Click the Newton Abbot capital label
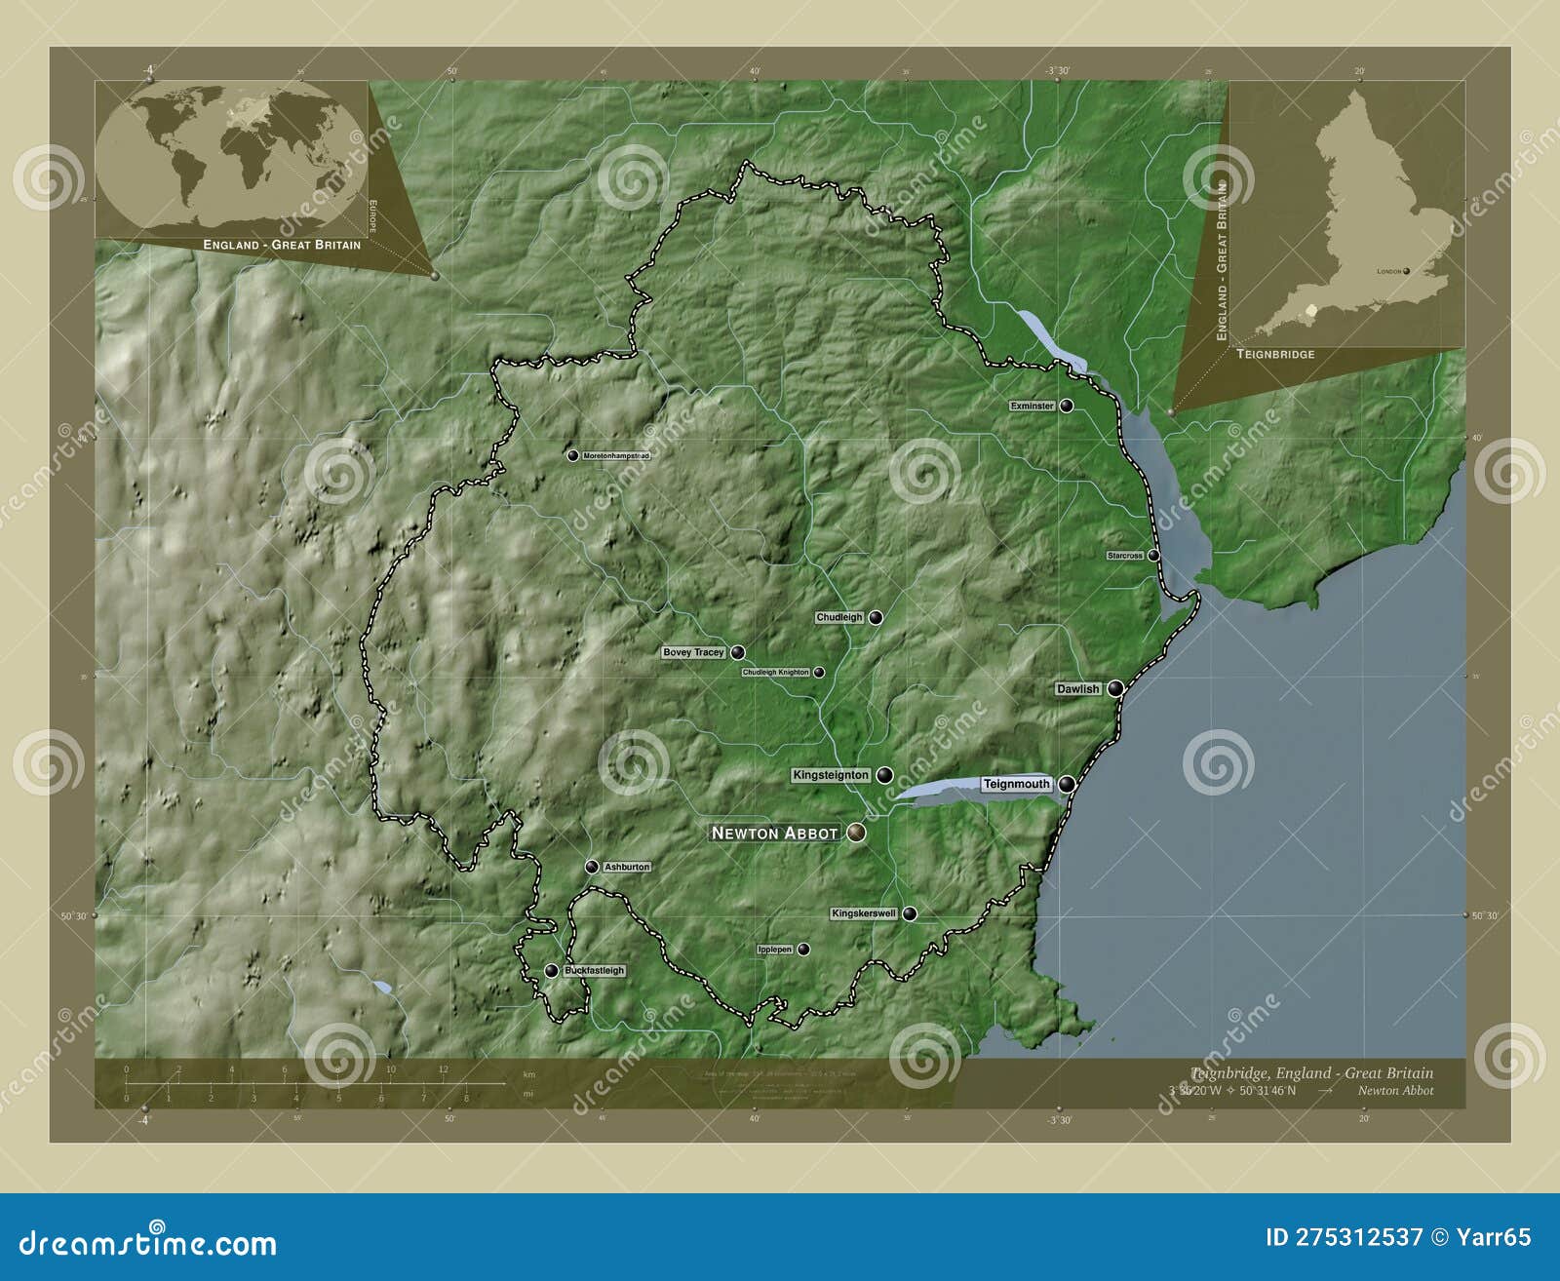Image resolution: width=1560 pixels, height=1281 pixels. tap(774, 833)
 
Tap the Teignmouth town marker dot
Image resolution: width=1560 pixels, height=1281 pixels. tap(1068, 784)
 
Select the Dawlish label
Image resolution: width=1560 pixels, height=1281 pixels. tap(1077, 688)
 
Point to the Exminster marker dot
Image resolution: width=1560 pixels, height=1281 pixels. tap(1067, 406)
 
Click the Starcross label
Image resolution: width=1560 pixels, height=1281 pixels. tap(1125, 556)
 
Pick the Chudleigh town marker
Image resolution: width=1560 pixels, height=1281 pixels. tap(876, 617)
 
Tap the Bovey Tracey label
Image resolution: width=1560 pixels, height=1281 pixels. tap(693, 652)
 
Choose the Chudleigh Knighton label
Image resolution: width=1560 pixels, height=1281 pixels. tap(775, 672)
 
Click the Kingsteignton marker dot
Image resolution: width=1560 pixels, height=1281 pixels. tap(884, 775)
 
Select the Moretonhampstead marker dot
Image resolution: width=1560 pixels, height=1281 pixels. tap(573, 455)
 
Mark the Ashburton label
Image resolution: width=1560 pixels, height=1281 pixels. tap(627, 867)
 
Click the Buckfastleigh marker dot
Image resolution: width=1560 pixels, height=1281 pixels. tap(551, 971)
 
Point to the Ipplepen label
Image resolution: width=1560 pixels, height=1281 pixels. tap(775, 949)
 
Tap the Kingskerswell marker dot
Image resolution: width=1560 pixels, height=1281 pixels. tap(910, 913)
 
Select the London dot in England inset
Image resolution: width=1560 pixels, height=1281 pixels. tap(1406, 272)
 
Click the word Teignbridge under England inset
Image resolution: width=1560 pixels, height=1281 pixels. tap(1275, 354)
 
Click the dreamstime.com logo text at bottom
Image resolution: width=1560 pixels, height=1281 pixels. tap(148, 1243)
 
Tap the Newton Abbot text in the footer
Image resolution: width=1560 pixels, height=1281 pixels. tap(1395, 1091)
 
